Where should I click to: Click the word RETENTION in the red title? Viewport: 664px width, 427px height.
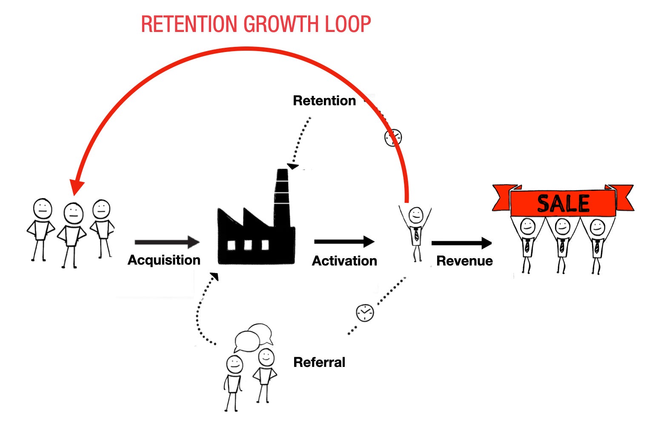189,24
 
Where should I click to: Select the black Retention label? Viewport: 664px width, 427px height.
324,101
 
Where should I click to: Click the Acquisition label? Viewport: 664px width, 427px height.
164,260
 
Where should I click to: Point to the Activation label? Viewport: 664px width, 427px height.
344,261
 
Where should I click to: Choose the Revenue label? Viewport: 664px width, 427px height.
464,261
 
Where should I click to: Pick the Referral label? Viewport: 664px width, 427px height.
319,362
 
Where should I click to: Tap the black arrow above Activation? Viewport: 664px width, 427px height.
344,242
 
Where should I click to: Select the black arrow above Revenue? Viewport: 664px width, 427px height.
461,243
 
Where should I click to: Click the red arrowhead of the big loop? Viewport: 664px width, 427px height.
77,188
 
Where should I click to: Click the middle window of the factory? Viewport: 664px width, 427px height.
248,245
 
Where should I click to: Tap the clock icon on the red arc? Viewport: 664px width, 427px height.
393,138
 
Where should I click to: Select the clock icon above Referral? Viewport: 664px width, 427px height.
365,312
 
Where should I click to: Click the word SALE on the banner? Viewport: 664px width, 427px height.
563,204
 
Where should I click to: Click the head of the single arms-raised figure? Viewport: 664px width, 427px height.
415,214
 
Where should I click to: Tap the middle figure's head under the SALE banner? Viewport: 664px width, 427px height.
562,227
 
